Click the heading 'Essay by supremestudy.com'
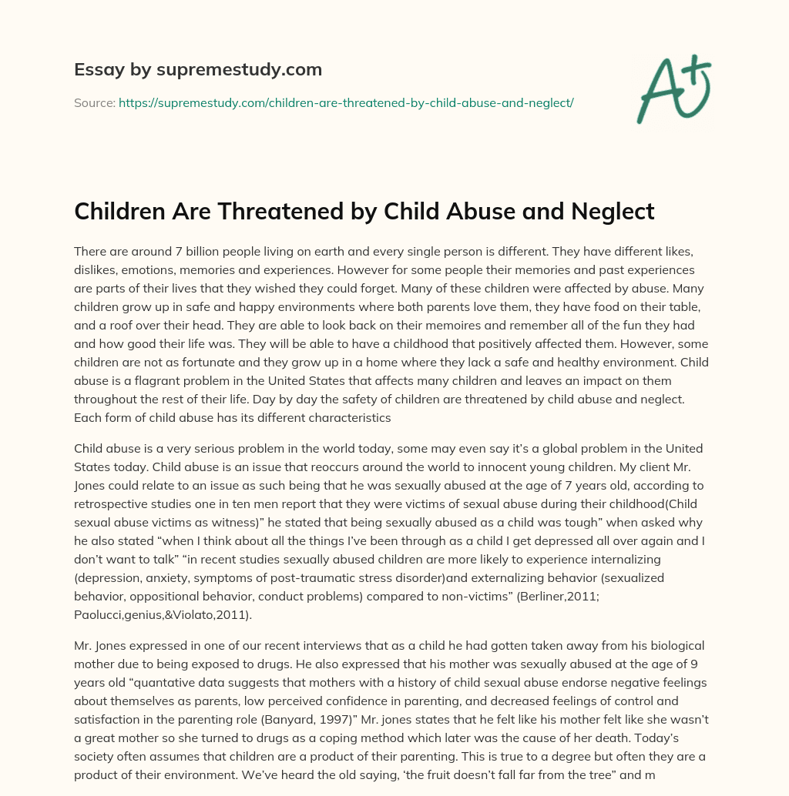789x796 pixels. point(197,70)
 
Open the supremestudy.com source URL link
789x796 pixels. point(346,102)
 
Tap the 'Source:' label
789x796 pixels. point(95,102)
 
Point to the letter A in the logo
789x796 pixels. point(657,92)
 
